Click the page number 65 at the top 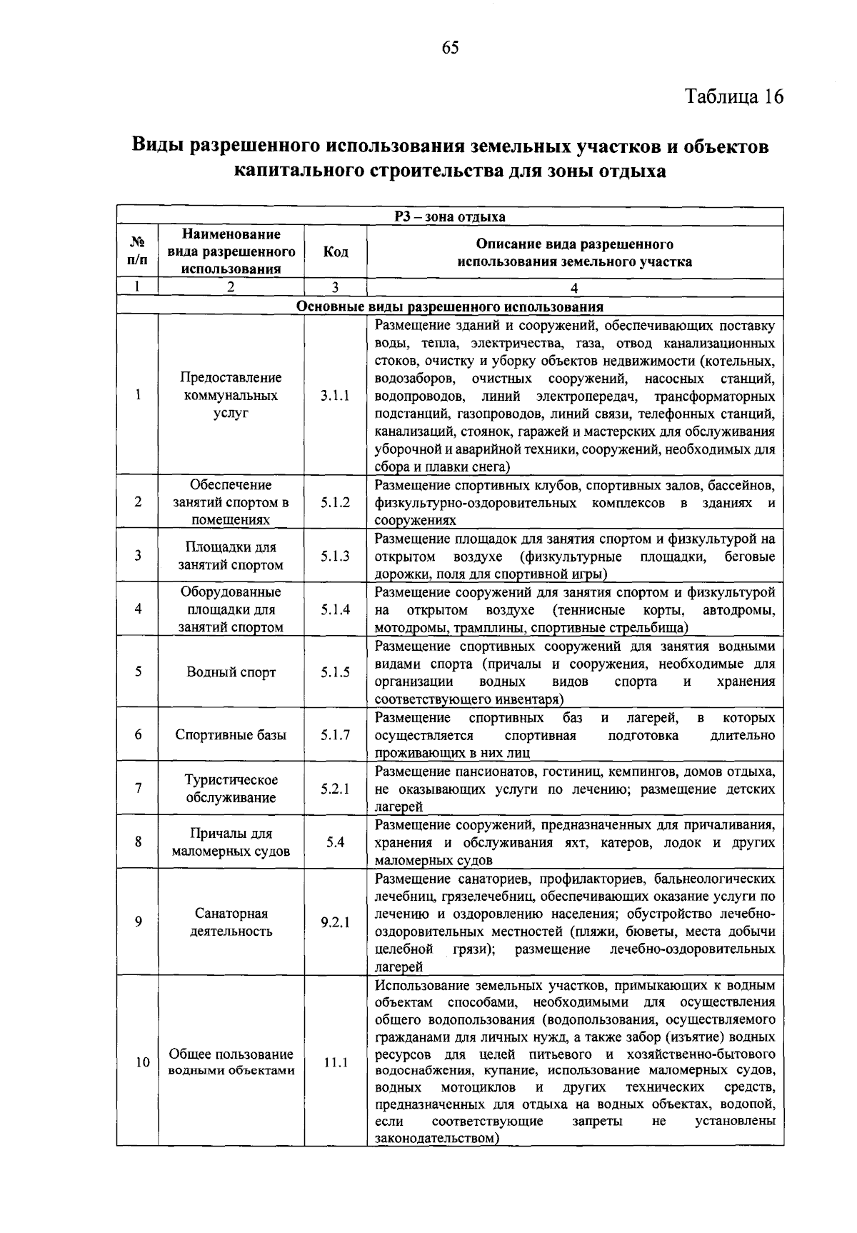[449, 48]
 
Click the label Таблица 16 [734, 96]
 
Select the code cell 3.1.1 [335, 395]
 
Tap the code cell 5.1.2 [335, 502]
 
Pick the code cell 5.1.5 [335, 672]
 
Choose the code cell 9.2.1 [335, 922]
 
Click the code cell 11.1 [335, 1062]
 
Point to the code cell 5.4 [335, 842]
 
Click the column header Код [335, 252]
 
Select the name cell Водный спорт [231, 672]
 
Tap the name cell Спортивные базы [231, 735]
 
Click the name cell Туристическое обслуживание [231, 789]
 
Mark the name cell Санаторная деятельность [231, 922]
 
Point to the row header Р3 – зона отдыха [449, 216]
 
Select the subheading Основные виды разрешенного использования [449, 307]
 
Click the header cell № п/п [137, 252]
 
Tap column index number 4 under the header [574, 288]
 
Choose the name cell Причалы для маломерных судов [231, 842]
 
